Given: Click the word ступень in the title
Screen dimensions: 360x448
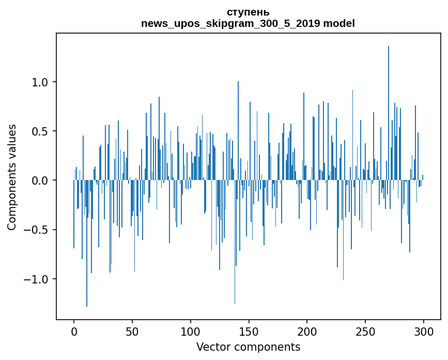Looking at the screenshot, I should click(x=248, y=12).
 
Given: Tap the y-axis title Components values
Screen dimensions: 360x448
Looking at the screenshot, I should click(x=12, y=177).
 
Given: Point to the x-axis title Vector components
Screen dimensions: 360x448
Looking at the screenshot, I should click(x=248, y=347).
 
